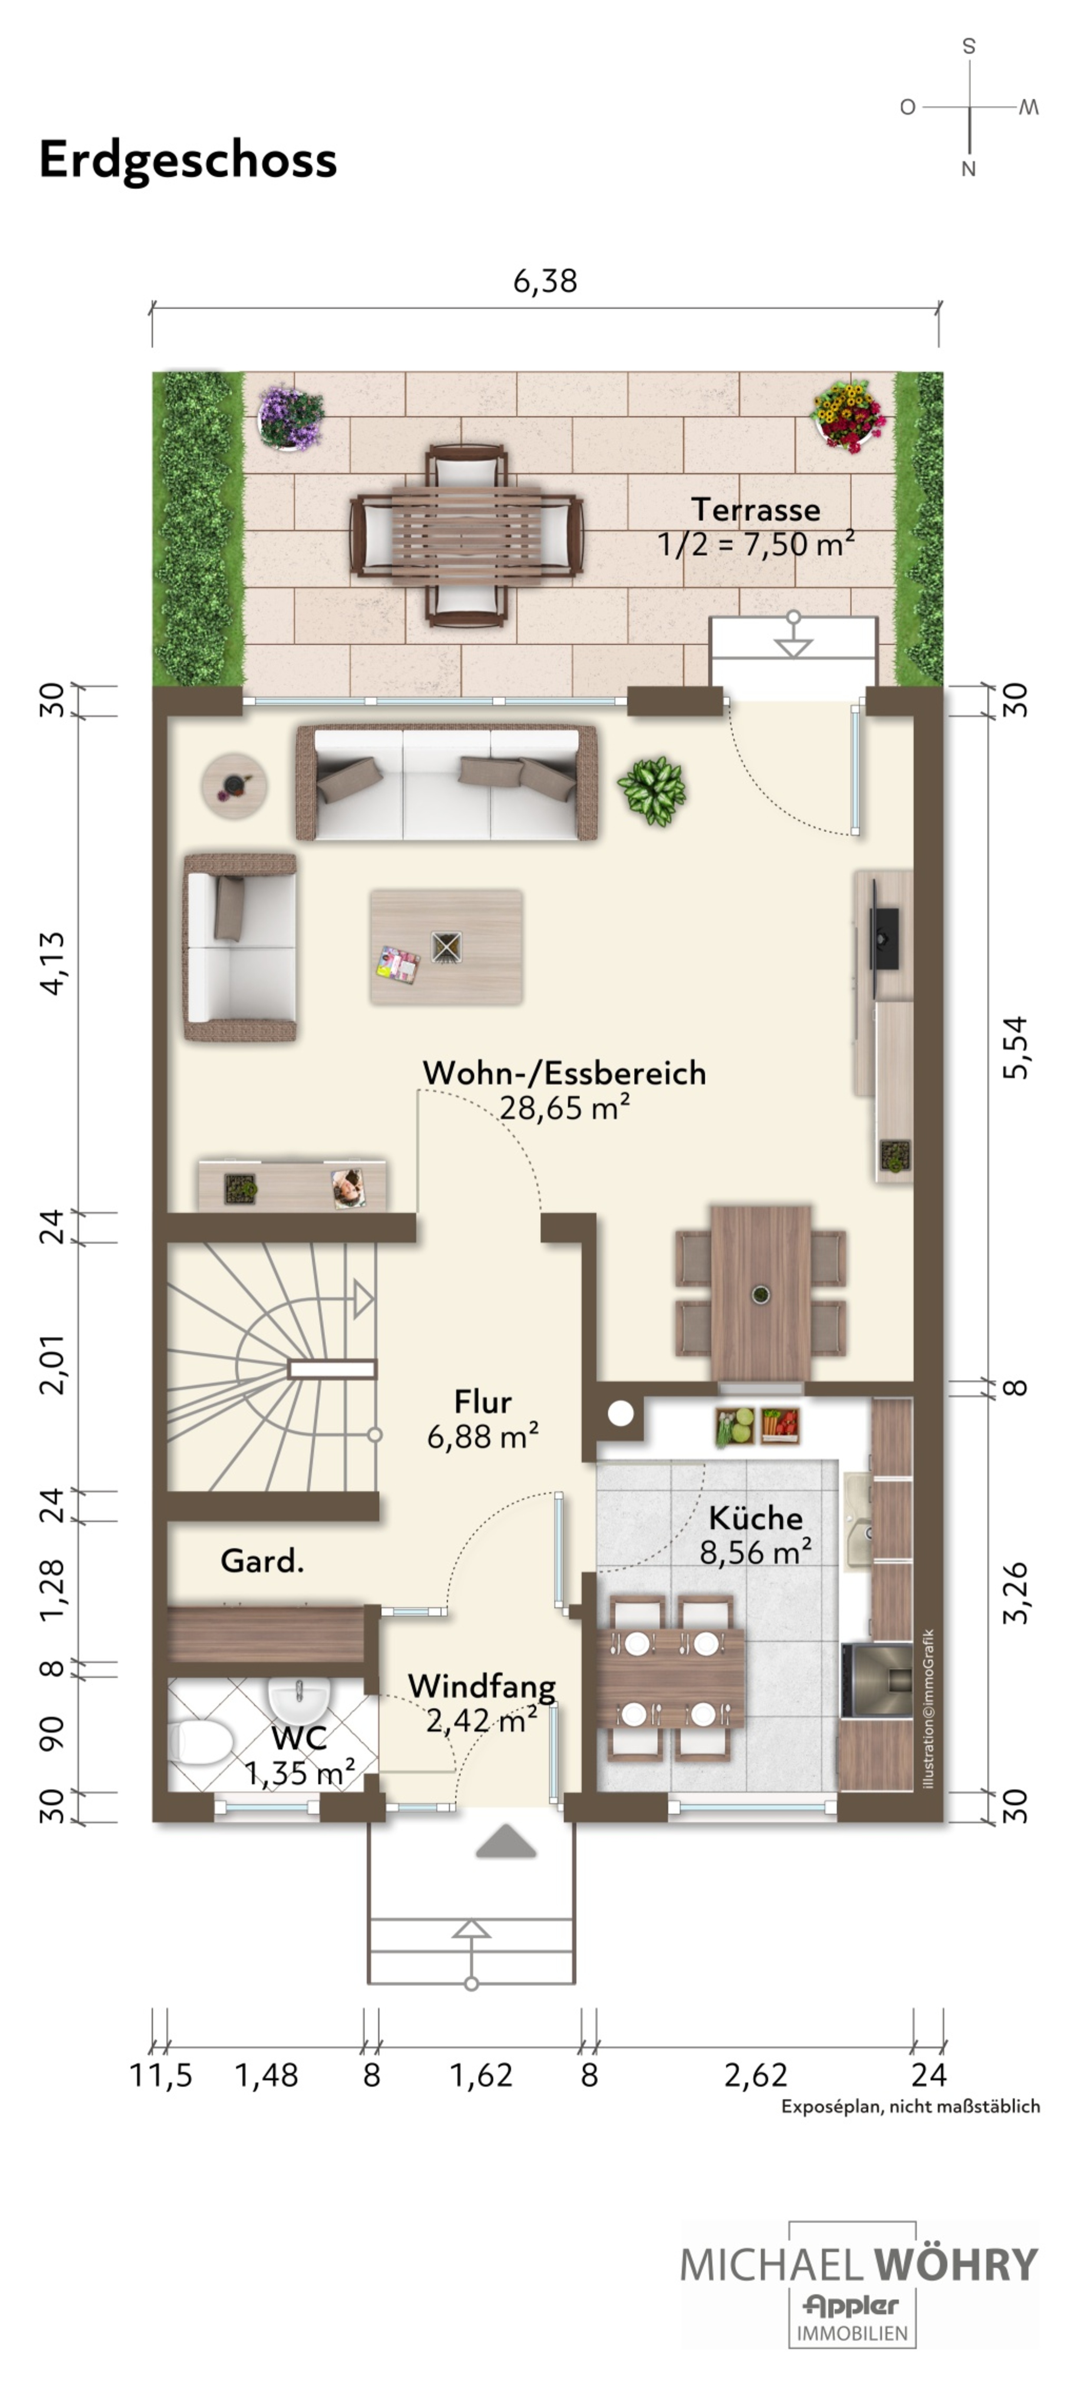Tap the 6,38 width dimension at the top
(545, 281)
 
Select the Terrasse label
(755, 509)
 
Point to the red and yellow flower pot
(848, 415)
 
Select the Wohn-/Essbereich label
(565, 1073)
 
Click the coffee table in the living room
(446, 947)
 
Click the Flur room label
(483, 1402)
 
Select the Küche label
(755, 1518)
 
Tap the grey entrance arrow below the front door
(506, 1841)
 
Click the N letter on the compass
(968, 169)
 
